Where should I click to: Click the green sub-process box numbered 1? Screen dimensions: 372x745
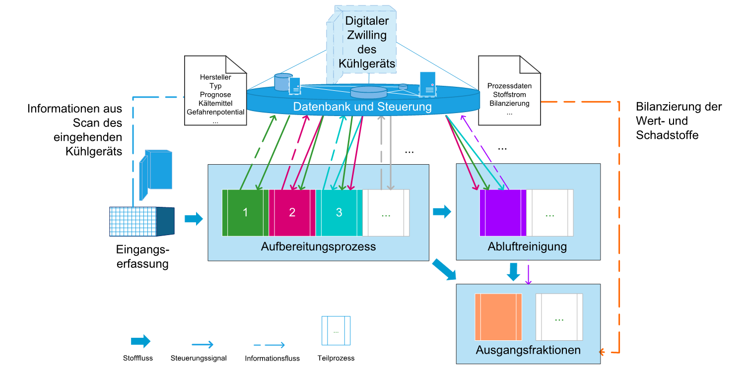coord(245,212)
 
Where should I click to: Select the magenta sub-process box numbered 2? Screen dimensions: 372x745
coord(292,212)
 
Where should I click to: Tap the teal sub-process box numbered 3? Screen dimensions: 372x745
coord(339,212)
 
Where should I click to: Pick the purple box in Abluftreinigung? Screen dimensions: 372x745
coord(503,212)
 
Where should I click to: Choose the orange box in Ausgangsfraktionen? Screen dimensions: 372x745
coord(498,316)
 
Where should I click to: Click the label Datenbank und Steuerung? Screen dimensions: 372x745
coord(362,107)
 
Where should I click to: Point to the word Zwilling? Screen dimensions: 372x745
coord(366,36)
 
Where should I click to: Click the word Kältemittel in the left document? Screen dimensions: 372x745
coord(215,103)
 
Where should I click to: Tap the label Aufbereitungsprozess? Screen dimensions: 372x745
coord(318,247)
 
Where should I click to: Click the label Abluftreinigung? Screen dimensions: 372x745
coord(528,247)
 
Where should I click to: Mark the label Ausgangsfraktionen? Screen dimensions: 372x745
coord(528,350)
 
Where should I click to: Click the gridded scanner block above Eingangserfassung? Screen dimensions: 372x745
coord(133,221)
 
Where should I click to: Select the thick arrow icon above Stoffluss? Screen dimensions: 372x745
coord(140,341)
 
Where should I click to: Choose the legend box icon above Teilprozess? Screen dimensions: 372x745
coord(336,331)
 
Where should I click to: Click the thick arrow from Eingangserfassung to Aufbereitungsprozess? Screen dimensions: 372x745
coord(194,218)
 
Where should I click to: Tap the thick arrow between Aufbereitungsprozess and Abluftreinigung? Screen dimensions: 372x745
coord(442,212)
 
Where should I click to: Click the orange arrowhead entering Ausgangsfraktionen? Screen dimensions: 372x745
coord(602,353)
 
